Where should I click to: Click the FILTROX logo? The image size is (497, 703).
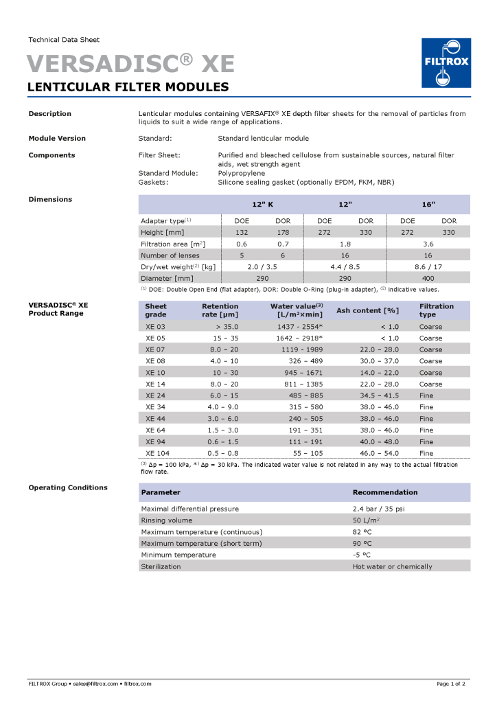[446, 62]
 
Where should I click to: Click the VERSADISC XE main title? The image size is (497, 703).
[130, 64]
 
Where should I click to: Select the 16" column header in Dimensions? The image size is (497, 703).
[428, 205]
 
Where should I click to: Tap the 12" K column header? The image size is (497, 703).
[262, 205]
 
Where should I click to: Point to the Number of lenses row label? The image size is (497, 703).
[170, 255]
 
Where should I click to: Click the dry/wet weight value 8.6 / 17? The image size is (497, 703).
[428, 267]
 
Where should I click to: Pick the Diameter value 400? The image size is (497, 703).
[428, 279]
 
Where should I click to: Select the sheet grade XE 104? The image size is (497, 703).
[157, 453]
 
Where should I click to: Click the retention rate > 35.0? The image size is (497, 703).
[226, 327]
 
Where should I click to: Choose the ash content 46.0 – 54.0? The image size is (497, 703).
[379, 453]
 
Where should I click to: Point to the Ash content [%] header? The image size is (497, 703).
[367, 310]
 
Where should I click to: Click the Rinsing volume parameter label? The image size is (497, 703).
[166, 520]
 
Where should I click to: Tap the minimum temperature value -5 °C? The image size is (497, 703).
[362, 555]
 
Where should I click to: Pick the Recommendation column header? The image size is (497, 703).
[385, 492]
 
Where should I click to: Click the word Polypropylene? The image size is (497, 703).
[242, 173]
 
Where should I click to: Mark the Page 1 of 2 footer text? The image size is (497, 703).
[450, 684]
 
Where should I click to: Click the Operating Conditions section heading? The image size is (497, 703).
[68, 487]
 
